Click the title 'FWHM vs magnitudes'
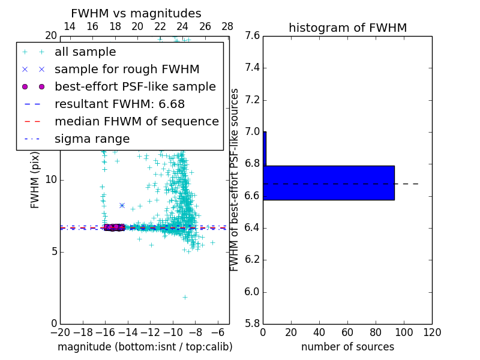pyautogui.click(x=136, y=13)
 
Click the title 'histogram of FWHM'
pyautogui.click(x=347, y=28)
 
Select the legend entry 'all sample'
pyautogui.click(x=85, y=52)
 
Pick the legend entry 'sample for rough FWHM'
pyautogui.click(x=127, y=70)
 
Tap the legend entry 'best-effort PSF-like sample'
pyautogui.click(x=135, y=87)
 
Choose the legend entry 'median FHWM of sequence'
pyautogui.click(x=136, y=122)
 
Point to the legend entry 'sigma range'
pyautogui.click(x=92, y=139)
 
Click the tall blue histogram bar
pyautogui.click(x=329, y=182)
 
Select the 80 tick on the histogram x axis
pyautogui.click(x=376, y=332)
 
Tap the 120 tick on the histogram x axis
pyautogui.click(x=432, y=332)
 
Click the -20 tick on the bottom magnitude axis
pyautogui.click(x=60, y=332)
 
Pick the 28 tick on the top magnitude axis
pyautogui.click(x=227, y=26)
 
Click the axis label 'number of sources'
pyautogui.click(x=347, y=347)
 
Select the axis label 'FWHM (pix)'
pyautogui.click(x=35, y=180)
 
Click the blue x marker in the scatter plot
pyautogui.click(x=122, y=205)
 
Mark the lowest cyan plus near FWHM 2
pyautogui.click(x=185, y=297)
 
